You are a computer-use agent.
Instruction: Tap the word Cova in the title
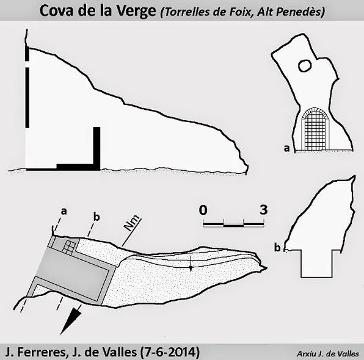56,10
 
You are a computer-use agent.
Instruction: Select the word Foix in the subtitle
240,12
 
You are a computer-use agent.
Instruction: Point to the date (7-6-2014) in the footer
170,352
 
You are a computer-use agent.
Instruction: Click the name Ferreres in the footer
42,352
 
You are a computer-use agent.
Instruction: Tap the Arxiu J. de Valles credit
328,354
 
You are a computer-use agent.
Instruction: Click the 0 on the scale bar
203,210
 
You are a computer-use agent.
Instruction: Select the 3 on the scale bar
263,210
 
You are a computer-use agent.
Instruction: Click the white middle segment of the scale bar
233,225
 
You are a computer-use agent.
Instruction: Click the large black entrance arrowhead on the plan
70,321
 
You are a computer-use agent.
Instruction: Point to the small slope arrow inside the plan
191,264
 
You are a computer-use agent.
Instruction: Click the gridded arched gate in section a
315,129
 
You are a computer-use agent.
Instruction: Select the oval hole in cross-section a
305,66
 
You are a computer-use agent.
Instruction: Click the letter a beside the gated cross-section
287,148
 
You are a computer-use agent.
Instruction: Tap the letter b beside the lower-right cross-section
277,248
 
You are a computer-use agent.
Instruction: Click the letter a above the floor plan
64,211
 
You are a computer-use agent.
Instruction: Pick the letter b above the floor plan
96,217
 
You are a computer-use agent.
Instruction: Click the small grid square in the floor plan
69,247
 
